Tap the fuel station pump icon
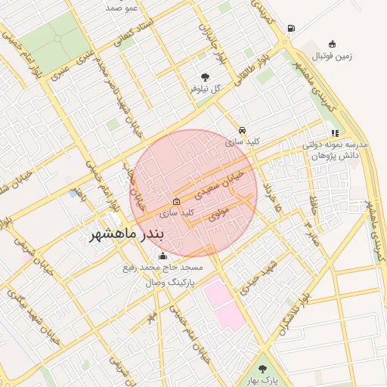291,29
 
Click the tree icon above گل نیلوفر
205,76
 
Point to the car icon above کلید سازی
242,130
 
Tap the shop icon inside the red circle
176,202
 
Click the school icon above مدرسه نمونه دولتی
335,133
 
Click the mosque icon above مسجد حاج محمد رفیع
164,255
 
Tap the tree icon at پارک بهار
262,369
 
